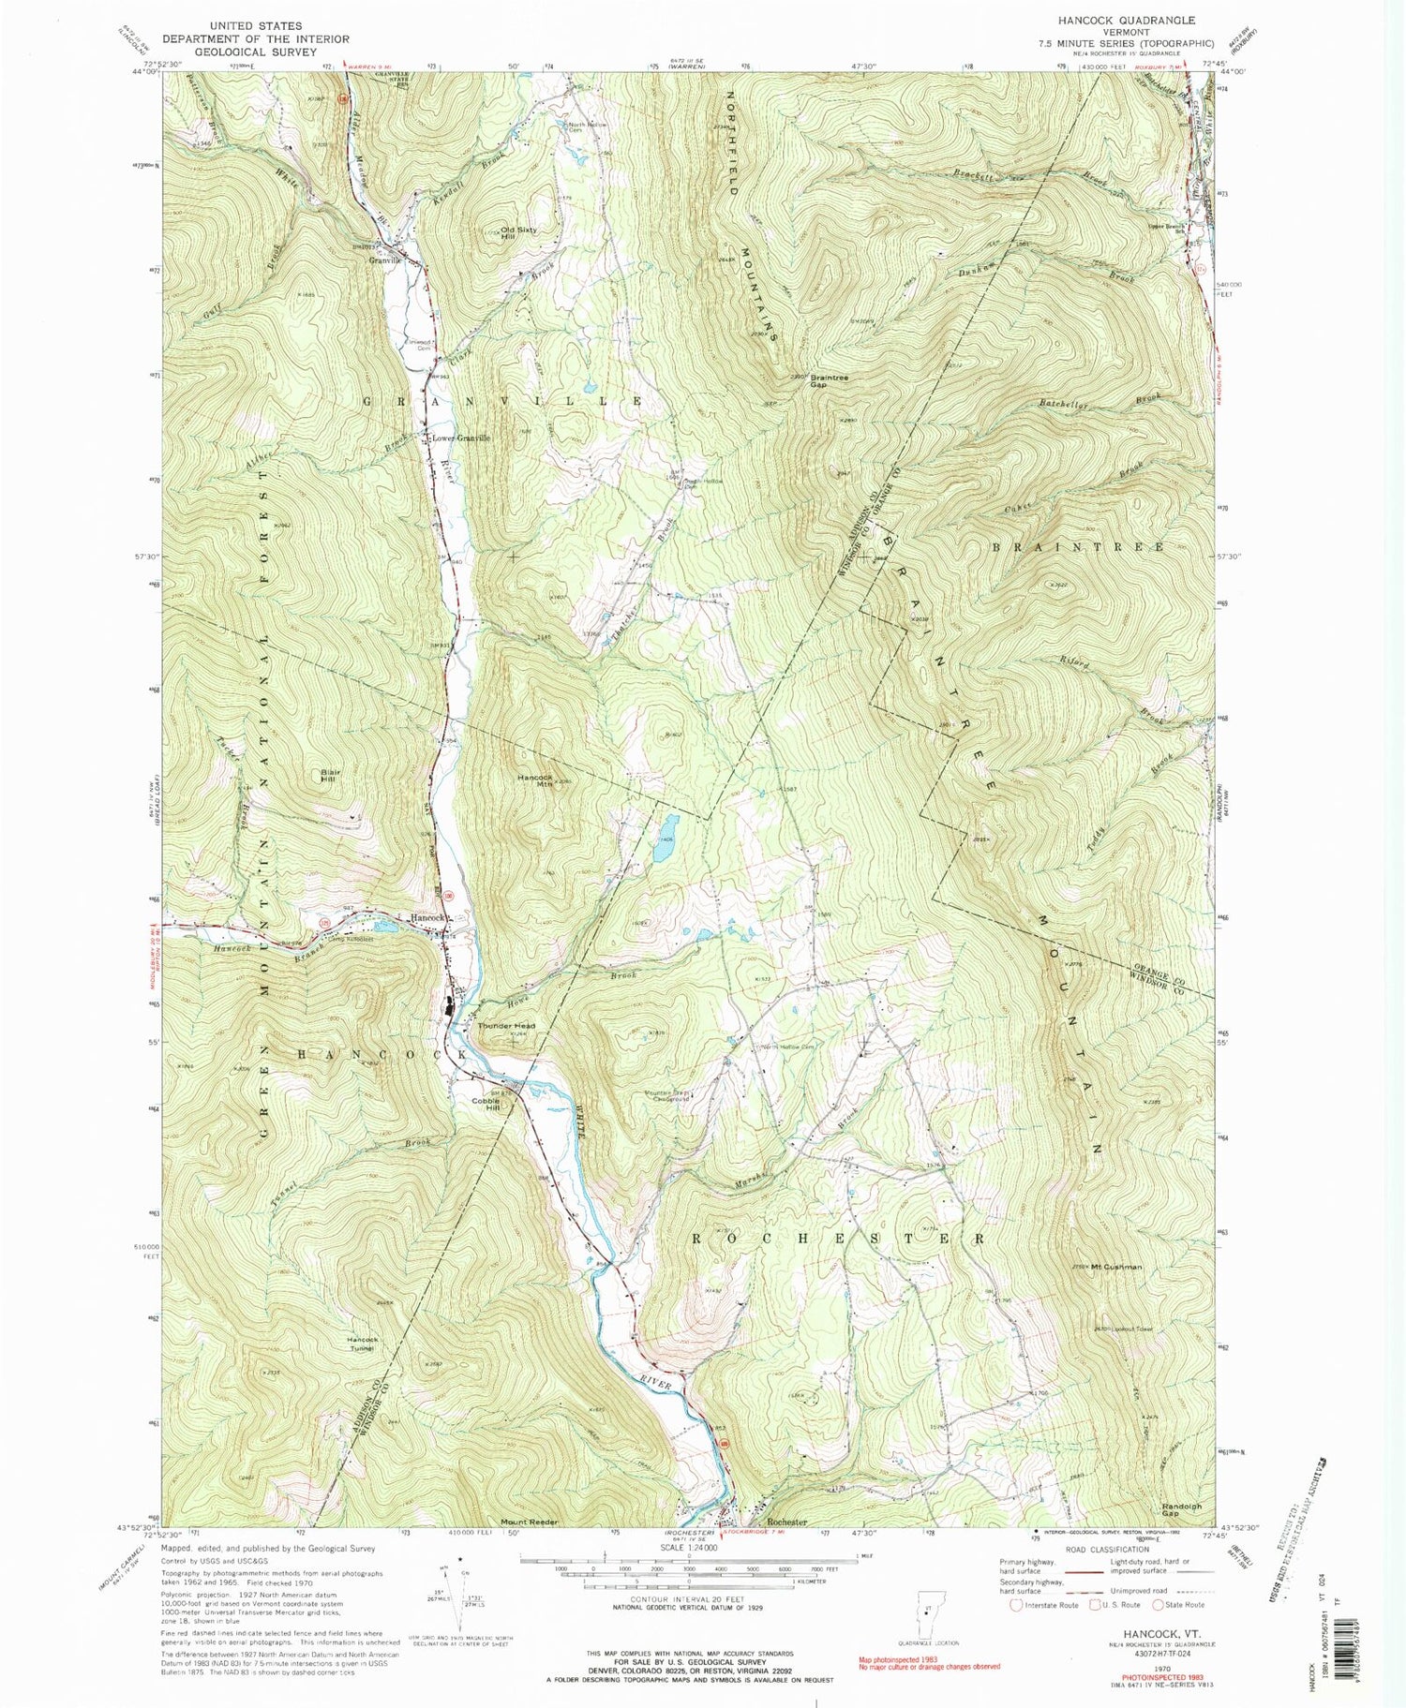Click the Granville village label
tap(385, 260)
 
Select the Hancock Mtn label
tap(534, 780)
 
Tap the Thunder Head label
tap(506, 1026)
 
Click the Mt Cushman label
tap(1119, 1267)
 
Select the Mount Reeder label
tap(530, 1522)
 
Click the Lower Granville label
tap(460, 438)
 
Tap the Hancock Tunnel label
tap(362, 1344)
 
